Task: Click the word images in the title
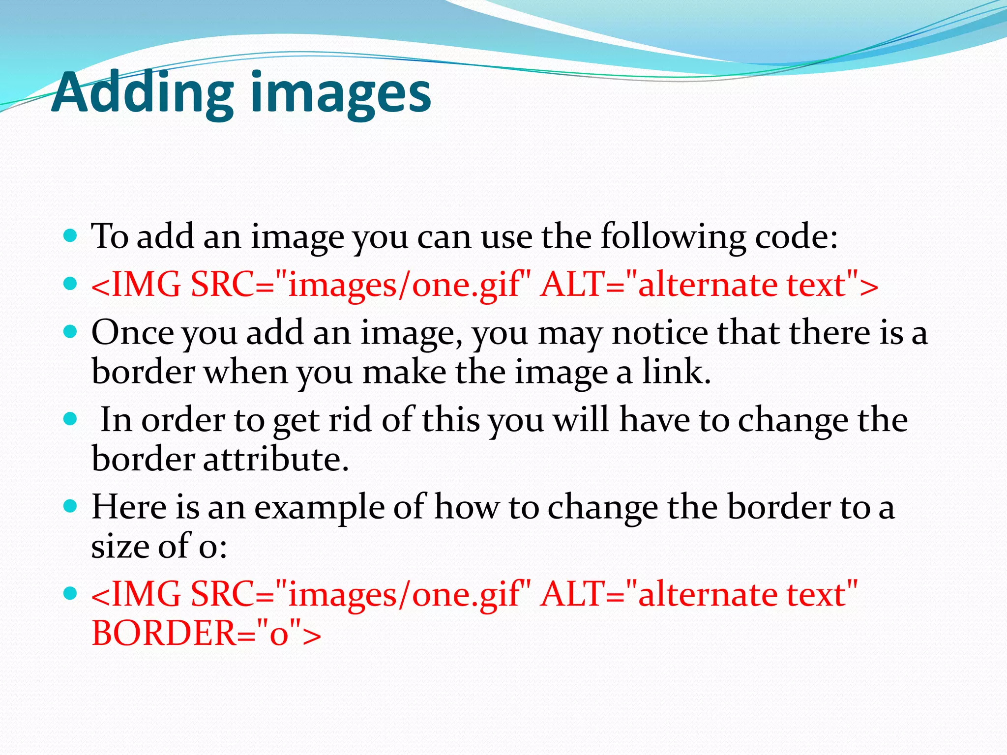click(x=341, y=93)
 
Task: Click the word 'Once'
click(x=132, y=333)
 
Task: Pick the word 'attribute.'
click(x=276, y=459)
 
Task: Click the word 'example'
click(x=319, y=508)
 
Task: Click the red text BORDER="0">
click(x=207, y=633)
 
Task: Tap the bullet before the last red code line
click(x=71, y=593)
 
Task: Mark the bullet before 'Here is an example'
click(x=71, y=506)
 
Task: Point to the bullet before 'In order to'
click(x=71, y=419)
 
